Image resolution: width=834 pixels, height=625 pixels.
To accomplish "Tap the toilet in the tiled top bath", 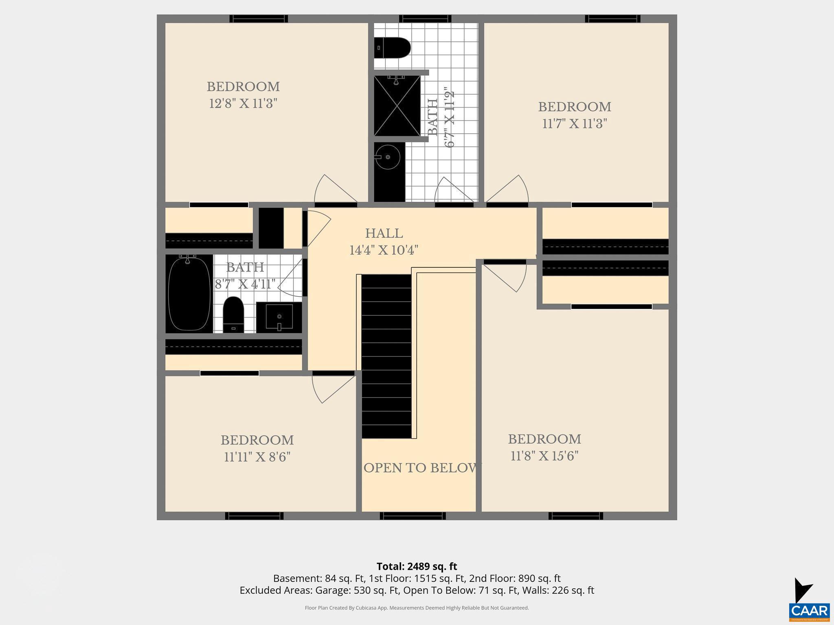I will coord(392,48).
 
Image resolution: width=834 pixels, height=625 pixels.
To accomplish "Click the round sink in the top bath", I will coord(387,157).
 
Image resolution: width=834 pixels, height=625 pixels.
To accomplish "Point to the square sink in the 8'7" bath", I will coord(279,317).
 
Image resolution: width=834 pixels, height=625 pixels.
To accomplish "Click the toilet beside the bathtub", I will coord(233,315).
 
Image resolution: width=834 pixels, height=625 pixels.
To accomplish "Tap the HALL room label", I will coord(384,234).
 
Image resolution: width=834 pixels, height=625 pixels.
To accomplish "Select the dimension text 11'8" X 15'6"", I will coord(544,456).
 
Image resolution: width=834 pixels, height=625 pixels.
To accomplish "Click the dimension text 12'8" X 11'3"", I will coord(243,104).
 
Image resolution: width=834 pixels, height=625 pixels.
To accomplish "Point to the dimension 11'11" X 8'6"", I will coord(257,457).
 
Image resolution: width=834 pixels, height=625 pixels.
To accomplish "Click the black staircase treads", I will coord(386,356).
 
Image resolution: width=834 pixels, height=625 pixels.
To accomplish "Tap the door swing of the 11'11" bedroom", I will coord(330,389).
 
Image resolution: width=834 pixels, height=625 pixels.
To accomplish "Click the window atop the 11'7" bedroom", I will coord(612,19).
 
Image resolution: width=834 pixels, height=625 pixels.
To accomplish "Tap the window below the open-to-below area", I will coord(413,516).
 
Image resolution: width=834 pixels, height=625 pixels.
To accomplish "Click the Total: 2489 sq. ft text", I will coord(417,566).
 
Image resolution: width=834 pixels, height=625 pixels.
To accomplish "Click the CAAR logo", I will coord(809,610).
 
